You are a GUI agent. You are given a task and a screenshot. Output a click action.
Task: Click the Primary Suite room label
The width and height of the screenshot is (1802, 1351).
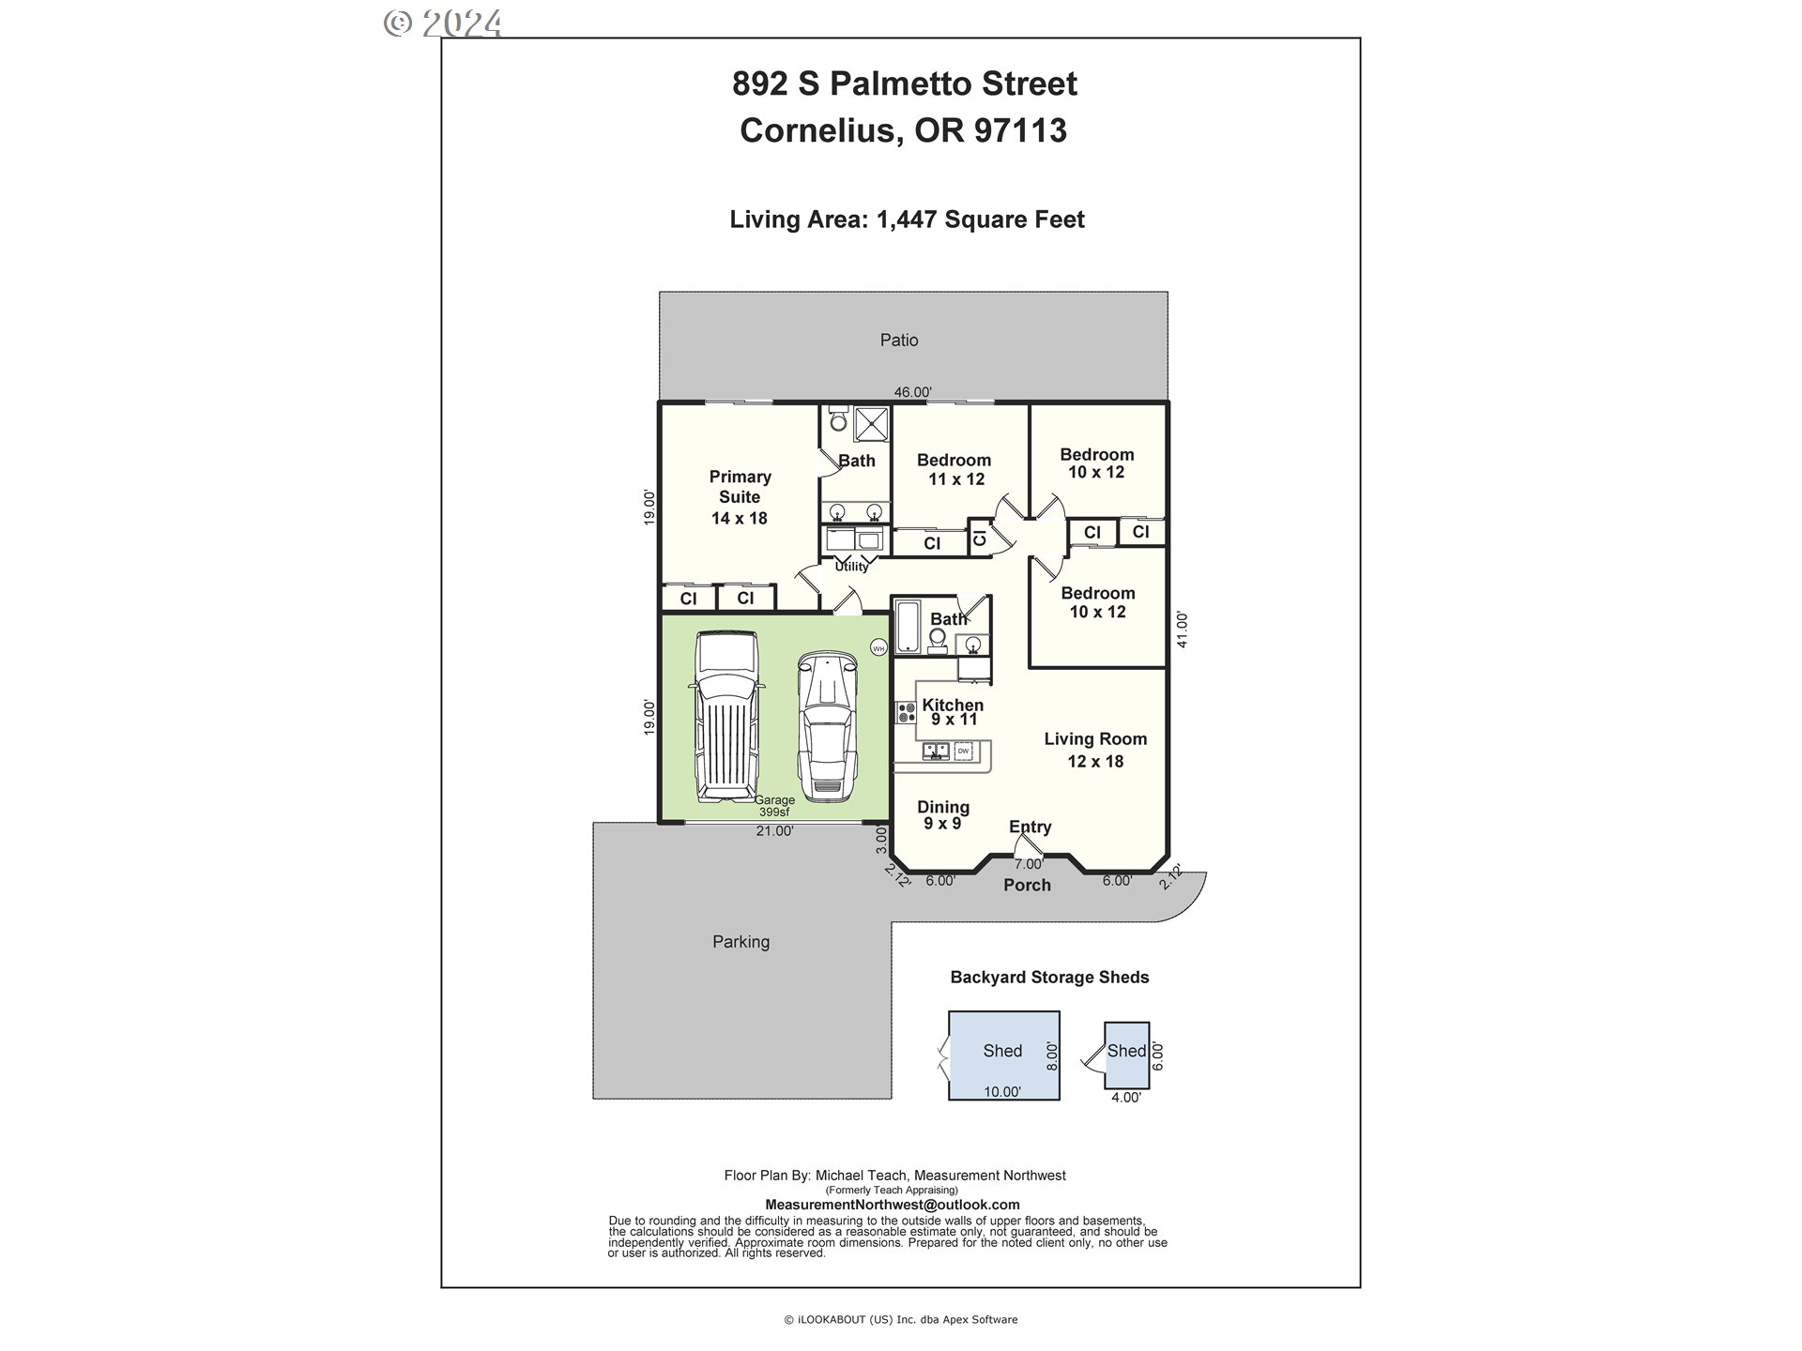tap(740, 497)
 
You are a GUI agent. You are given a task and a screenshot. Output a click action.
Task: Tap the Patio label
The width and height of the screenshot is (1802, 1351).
tap(898, 341)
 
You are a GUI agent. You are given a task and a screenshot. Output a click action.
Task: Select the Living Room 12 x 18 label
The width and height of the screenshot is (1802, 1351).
tap(1095, 750)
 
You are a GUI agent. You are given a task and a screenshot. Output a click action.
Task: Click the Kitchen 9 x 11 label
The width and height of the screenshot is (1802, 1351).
tap(953, 712)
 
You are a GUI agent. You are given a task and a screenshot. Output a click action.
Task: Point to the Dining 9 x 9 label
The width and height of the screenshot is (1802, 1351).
tap(943, 814)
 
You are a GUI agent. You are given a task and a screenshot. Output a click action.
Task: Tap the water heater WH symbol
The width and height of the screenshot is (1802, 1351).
tap(878, 647)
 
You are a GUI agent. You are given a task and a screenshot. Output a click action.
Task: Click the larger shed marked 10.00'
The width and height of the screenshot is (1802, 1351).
tap(1003, 1055)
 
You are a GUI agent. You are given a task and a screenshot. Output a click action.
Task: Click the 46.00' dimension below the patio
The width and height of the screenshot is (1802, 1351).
tap(912, 392)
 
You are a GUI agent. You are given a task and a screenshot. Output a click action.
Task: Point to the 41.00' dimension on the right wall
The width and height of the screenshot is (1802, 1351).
tap(1183, 629)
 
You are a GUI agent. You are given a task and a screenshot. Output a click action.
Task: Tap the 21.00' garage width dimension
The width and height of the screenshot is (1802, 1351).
tap(775, 831)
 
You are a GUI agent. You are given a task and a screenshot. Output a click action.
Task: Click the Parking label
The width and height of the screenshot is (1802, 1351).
tap(741, 942)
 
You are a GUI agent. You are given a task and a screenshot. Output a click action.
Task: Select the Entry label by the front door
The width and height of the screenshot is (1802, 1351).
tap(1030, 827)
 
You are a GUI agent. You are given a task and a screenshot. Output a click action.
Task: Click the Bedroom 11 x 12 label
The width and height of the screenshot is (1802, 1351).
tap(954, 469)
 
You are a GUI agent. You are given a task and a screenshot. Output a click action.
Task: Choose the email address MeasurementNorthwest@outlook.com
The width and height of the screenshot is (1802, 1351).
tap(893, 1205)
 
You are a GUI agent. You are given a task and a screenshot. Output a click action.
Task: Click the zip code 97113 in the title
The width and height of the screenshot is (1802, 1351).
tap(1020, 129)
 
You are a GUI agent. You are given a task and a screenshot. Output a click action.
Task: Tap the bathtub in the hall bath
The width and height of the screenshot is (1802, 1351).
tap(908, 626)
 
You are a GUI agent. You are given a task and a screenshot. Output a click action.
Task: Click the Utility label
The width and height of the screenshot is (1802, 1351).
tap(852, 567)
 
